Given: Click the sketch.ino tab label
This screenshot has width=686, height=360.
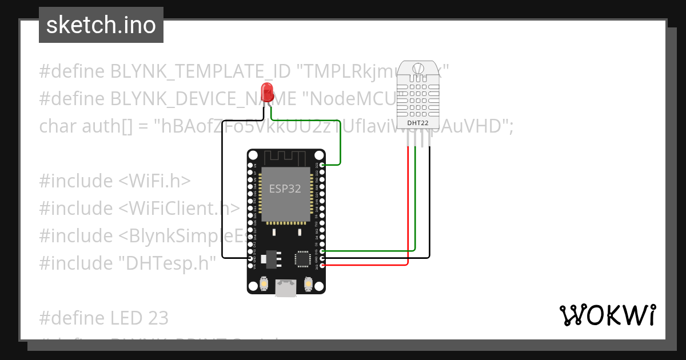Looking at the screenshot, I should (101, 25).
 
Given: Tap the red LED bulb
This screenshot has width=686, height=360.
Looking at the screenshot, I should (266, 91).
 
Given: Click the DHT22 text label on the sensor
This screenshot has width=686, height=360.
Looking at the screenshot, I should (418, 122).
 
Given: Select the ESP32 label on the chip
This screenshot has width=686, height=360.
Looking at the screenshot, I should (285, 189).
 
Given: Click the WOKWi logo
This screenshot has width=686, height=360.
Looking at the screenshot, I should (607, 315).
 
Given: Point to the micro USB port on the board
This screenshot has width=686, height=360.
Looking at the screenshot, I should (285, 289).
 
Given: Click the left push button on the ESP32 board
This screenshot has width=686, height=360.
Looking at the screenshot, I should (265, 283).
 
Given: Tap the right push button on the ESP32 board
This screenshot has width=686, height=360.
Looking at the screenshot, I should (308, 283).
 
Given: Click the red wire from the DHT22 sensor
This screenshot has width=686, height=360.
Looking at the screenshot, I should (408, 206).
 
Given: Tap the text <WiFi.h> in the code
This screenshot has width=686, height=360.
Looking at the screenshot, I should (154, 181).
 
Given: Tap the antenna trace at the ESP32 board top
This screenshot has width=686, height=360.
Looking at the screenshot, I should (286, 156).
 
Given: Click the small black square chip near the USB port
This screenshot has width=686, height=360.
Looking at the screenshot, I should (301, 259).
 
